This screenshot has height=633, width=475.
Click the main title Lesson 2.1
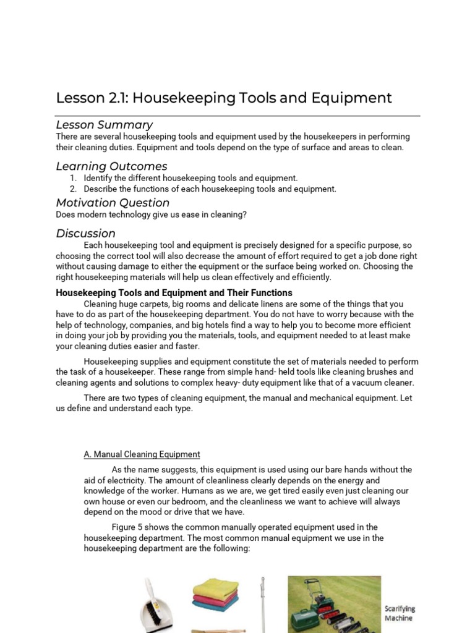pyautogui.click(x=224, y=98)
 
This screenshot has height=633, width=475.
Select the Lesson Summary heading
pyautogui.click(x=105, y=125)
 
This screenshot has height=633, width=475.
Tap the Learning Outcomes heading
pyautogui.click(x=111, y=166)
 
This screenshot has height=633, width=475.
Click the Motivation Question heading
pyautogui.click(x=113, y=203)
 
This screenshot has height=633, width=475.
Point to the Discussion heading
pyautogui.click(x=85, y=234)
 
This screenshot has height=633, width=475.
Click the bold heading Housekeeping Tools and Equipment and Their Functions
pyautogui.click(x=174, y=293)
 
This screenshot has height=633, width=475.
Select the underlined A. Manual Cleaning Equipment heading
pyautogui.click(x=142, y=454)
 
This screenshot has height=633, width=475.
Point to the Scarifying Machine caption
pyautogui.click(x=400, y=613)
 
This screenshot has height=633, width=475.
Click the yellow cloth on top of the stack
pyautogui.click(x=215, y=584)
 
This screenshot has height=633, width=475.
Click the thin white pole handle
pyautogui.click(x=262, y=606)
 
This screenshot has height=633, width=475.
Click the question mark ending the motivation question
pyautogui.click(x=244, y=215)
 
